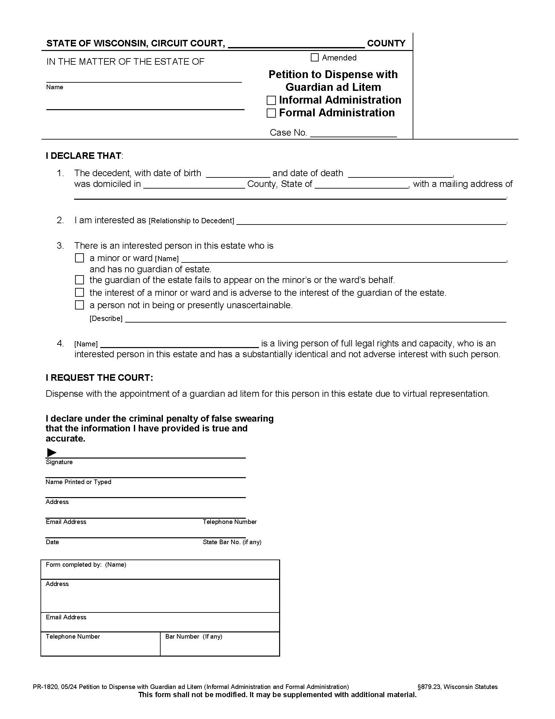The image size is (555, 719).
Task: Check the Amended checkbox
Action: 314,58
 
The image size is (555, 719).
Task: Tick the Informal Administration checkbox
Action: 271,100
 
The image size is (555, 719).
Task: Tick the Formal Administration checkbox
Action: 271,113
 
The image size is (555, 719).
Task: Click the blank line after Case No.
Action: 353,133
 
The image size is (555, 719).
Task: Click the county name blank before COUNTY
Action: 296,44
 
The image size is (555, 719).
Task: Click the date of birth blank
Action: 238,174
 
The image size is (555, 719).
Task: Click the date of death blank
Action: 400,174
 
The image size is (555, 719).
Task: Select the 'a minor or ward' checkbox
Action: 80,258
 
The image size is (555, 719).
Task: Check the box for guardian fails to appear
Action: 80,280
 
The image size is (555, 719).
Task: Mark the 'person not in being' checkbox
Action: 80,305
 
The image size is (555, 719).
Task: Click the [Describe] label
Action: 106,319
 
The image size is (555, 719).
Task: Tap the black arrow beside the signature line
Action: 52,452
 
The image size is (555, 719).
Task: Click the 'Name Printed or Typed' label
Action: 78,482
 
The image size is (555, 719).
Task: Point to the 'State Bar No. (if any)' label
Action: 232,542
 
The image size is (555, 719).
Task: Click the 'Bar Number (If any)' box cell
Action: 220,644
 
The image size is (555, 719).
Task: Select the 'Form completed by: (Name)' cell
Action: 160,570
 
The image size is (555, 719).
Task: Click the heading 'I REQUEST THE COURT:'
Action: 99,377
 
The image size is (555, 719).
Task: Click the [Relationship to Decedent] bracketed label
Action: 191,221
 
